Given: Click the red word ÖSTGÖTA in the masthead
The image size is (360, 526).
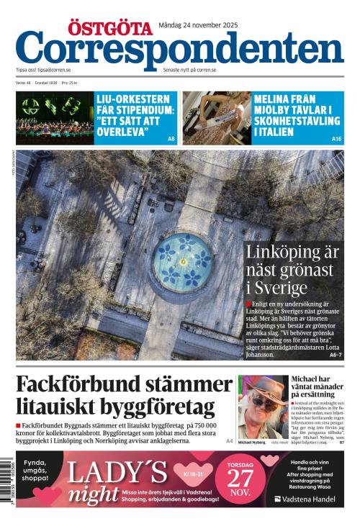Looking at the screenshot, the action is point(110,28).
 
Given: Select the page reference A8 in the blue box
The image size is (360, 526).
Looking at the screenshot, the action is point(171,138).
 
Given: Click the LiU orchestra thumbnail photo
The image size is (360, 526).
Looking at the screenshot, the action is point(55,118).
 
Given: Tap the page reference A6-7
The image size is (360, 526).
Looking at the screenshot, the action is point(336,355).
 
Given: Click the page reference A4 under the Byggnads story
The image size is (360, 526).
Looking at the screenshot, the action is point(229,440).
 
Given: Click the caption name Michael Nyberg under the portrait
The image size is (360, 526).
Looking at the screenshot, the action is point(252,443).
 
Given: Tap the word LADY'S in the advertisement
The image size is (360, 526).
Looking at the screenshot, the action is point(116,472).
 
